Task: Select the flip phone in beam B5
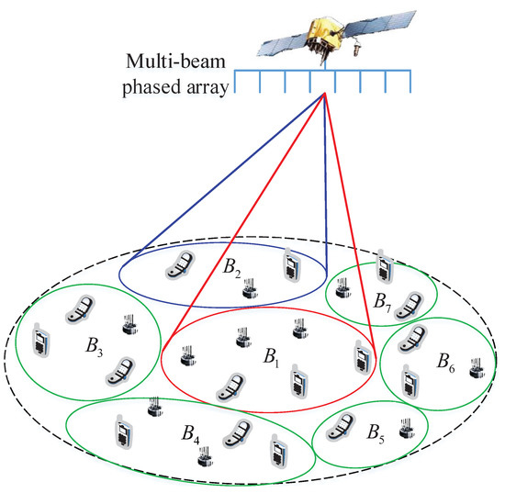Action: (342, 423)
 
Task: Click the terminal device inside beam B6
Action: (477, 368)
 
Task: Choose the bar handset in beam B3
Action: (40, 341)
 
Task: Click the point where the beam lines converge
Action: (324, 95)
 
